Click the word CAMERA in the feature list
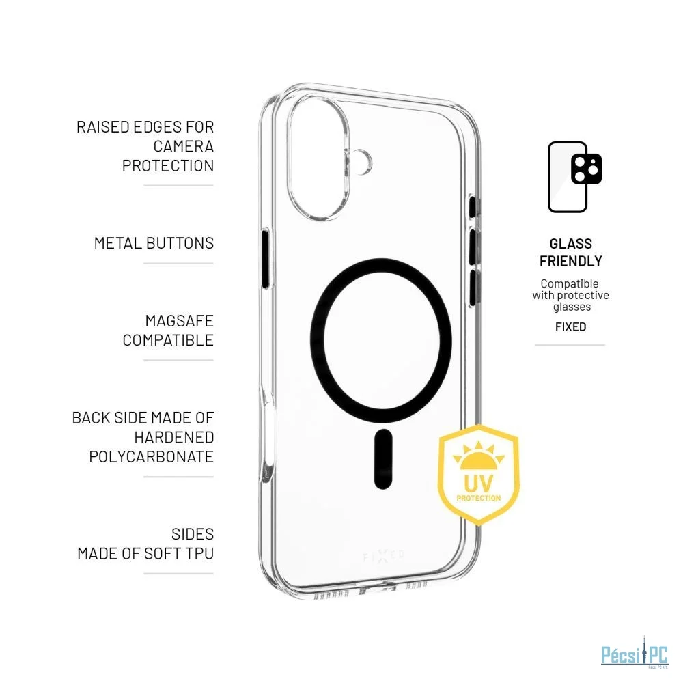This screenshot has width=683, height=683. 183,146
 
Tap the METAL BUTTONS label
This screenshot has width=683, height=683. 154,243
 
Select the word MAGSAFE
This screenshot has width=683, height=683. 180,321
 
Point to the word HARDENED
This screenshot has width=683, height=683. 173,437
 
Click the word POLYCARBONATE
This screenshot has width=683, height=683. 151,457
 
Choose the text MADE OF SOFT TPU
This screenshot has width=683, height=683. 145,554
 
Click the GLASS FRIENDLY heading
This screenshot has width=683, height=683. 570,252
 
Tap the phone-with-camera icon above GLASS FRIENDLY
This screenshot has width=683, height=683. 574,177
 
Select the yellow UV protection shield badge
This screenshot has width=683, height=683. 478,475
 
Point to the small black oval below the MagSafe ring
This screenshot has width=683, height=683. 383,459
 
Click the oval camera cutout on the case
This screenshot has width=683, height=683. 318,157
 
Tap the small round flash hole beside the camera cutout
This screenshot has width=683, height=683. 361,162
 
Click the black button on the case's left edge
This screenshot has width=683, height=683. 265,259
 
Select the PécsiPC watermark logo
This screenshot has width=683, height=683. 635,655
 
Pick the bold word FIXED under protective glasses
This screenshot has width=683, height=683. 570,326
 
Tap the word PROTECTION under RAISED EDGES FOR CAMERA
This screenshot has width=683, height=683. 168,166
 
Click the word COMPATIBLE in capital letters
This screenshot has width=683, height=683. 168,340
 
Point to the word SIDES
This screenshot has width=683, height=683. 193,534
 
